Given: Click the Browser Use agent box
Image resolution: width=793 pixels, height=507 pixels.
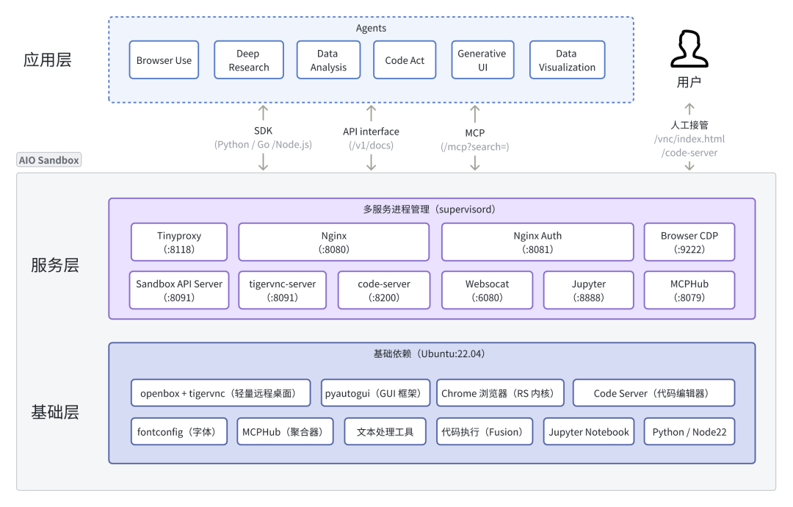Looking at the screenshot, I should (164, 60).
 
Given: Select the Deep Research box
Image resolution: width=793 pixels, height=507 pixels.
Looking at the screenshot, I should (248, 60).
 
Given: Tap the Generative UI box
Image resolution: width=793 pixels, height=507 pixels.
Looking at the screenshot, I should (482, 60).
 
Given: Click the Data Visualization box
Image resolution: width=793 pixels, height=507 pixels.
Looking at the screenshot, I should (567, 60).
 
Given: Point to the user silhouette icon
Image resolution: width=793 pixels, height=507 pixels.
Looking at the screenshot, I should (689, 50).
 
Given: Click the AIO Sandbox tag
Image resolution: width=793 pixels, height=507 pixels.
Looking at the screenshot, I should (48, 160).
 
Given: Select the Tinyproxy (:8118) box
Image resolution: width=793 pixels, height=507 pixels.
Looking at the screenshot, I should (179, 242).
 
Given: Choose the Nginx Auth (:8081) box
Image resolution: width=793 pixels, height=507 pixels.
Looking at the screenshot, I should (537, 242).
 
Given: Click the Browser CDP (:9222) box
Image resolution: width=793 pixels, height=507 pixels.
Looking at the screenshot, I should (689, 242).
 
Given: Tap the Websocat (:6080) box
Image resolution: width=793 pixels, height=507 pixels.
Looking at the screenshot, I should (487, 290).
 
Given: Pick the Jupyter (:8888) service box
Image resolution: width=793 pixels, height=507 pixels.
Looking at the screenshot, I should (588, 290).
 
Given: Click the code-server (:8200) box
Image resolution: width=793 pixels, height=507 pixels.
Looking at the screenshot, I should (384, 290).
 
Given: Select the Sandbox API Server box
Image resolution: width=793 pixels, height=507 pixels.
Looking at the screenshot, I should (179, 290).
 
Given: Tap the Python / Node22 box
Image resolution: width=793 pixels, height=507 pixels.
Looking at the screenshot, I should (689, 431).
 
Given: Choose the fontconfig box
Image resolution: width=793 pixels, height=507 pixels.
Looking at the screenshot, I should (179, 431).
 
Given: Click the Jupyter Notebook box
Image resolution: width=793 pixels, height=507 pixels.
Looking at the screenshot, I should (588, 431).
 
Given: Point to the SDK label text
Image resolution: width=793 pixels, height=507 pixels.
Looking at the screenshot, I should (263, 132).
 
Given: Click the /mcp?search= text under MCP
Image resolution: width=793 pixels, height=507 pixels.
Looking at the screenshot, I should (474, 146).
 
